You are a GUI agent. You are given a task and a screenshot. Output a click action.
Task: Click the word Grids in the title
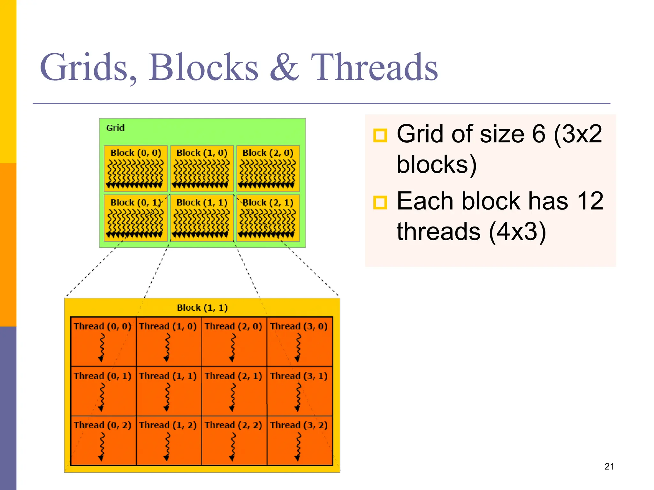pyautogui.click(x=88, y=68)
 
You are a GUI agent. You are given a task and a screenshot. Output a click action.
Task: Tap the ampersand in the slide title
pyautogui.click(x=284, y=68)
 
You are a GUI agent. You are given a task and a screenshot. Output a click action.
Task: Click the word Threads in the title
pyautogui.click(x=374, y=68)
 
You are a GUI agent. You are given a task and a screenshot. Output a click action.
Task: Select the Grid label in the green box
pyautogui.click(x=115, y=128)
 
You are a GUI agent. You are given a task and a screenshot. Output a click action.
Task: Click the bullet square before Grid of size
pyautogui.click(x=380, y=135)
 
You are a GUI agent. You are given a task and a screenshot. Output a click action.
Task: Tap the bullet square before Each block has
pyautogui.click(x=380, y=203)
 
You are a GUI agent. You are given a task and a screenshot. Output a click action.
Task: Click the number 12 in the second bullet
pyautogui.click(x=590, y=201)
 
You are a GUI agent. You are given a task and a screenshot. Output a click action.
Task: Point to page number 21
pyautogui.click(x=609, y=466)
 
